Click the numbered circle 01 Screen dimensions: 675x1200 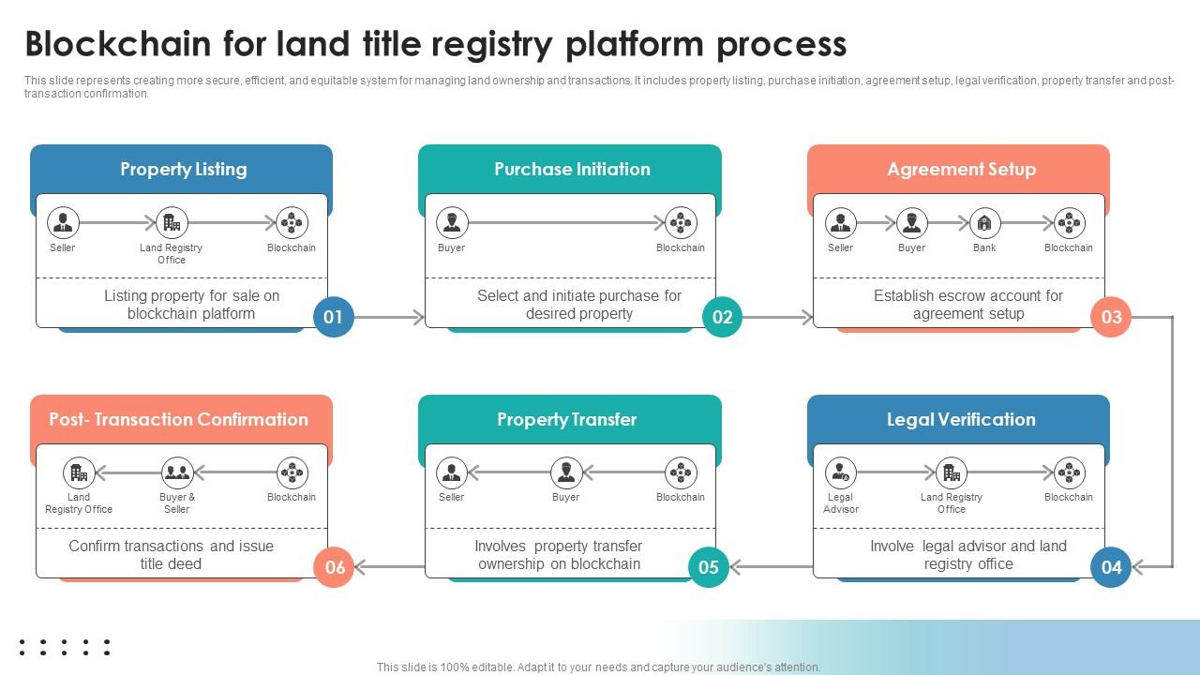pyautogui.click(x=333, y=317)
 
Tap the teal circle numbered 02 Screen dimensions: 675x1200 pyautogui.click(x=722, y=317)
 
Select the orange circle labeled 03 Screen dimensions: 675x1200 pyautogui.click(x=1111, y=317)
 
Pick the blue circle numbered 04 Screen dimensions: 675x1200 pyautogui.click(x=1111, y=566)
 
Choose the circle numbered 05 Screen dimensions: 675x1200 pyautogui.click(x=709, y=566)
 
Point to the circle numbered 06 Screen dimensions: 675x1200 pyautogui.click(x=335, y=566)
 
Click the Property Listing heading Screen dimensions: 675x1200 pyautogui.click(x=183, y=170)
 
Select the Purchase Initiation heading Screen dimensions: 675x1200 pyautogui.click(x=572, y=170)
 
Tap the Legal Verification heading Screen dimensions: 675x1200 pyautogui.click(x=961, y=420)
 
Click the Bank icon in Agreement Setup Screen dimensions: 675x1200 pyautogui.click(x=984, y=223)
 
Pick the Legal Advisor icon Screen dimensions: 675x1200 pyautogui.click(x=841, y=472)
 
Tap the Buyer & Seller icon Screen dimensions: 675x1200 pyautogui.click(x=176, y=472)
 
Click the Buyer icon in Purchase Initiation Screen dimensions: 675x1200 pyautogui.click(x=452, y=223)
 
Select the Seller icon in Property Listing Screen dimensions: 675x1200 pyautogui.click(x=63, y=223)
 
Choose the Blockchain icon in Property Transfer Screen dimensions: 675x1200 pyautogui.click(x=681, y=472)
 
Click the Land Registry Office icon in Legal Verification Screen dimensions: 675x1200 pyautogui.click(x=952, y=472)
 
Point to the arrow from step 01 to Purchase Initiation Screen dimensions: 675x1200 pyautogui.click(x=390, y=318)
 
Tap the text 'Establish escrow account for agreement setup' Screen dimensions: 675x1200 pyautogui.click(x=968, y=305)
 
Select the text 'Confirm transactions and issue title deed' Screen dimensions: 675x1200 pyautogui.click(x=172, y=555)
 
